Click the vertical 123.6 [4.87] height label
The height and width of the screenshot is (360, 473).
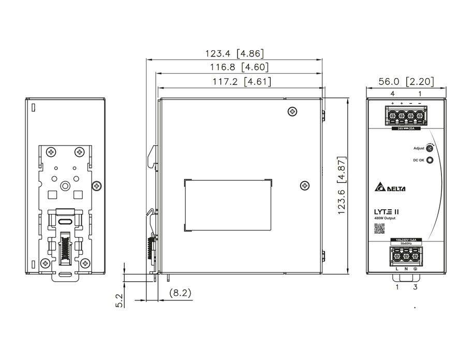[339, 186]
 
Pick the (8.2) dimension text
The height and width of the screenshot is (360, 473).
[180, 293]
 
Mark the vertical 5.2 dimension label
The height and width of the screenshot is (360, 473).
[119, 300]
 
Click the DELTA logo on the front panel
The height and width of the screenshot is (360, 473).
[389, 188]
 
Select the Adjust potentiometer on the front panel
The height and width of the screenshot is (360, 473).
[430, 148]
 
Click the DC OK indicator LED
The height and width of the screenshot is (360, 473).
[430, 161]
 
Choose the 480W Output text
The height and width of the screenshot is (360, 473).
[385, 218]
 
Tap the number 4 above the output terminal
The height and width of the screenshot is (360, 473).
[392, 94]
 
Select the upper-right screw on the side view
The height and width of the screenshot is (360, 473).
[293, 111]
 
